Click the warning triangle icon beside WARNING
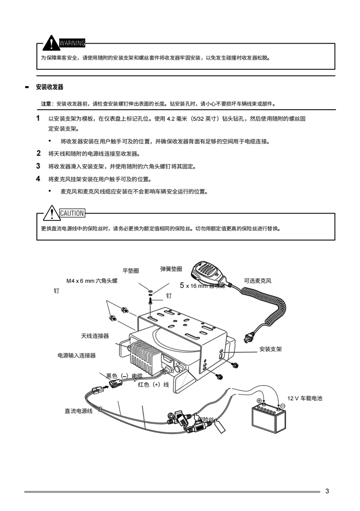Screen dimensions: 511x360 coord(52,43)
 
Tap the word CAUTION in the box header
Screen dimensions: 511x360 coord(72,213)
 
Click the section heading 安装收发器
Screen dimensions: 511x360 coord(50,87)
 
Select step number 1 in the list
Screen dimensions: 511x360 coord(38,118)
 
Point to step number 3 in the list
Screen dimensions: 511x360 coord(38,166)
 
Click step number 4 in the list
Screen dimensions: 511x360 coord(38,179)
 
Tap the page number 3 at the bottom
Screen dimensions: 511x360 coord(327,491)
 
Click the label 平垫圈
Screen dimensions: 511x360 coord(131,271)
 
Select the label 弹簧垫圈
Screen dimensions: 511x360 coord(171,269)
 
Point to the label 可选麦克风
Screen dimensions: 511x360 coord(258,281)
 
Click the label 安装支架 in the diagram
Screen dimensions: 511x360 coord(270,349)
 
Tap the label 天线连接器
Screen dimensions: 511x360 coord(95,336)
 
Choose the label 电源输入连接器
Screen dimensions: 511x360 coord(76,356)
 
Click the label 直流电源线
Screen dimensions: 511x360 coord(78,411)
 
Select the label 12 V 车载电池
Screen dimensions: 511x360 coord(304,399)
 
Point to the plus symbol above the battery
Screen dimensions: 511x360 coord(259,401)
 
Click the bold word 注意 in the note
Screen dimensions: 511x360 coord(46,104)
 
